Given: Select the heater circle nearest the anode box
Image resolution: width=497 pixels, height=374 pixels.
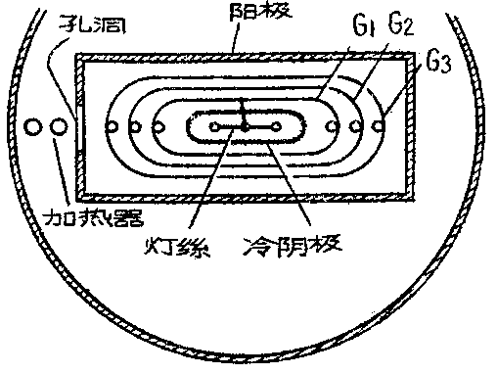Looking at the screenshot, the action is pyautogui.click(x=58, y=127).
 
